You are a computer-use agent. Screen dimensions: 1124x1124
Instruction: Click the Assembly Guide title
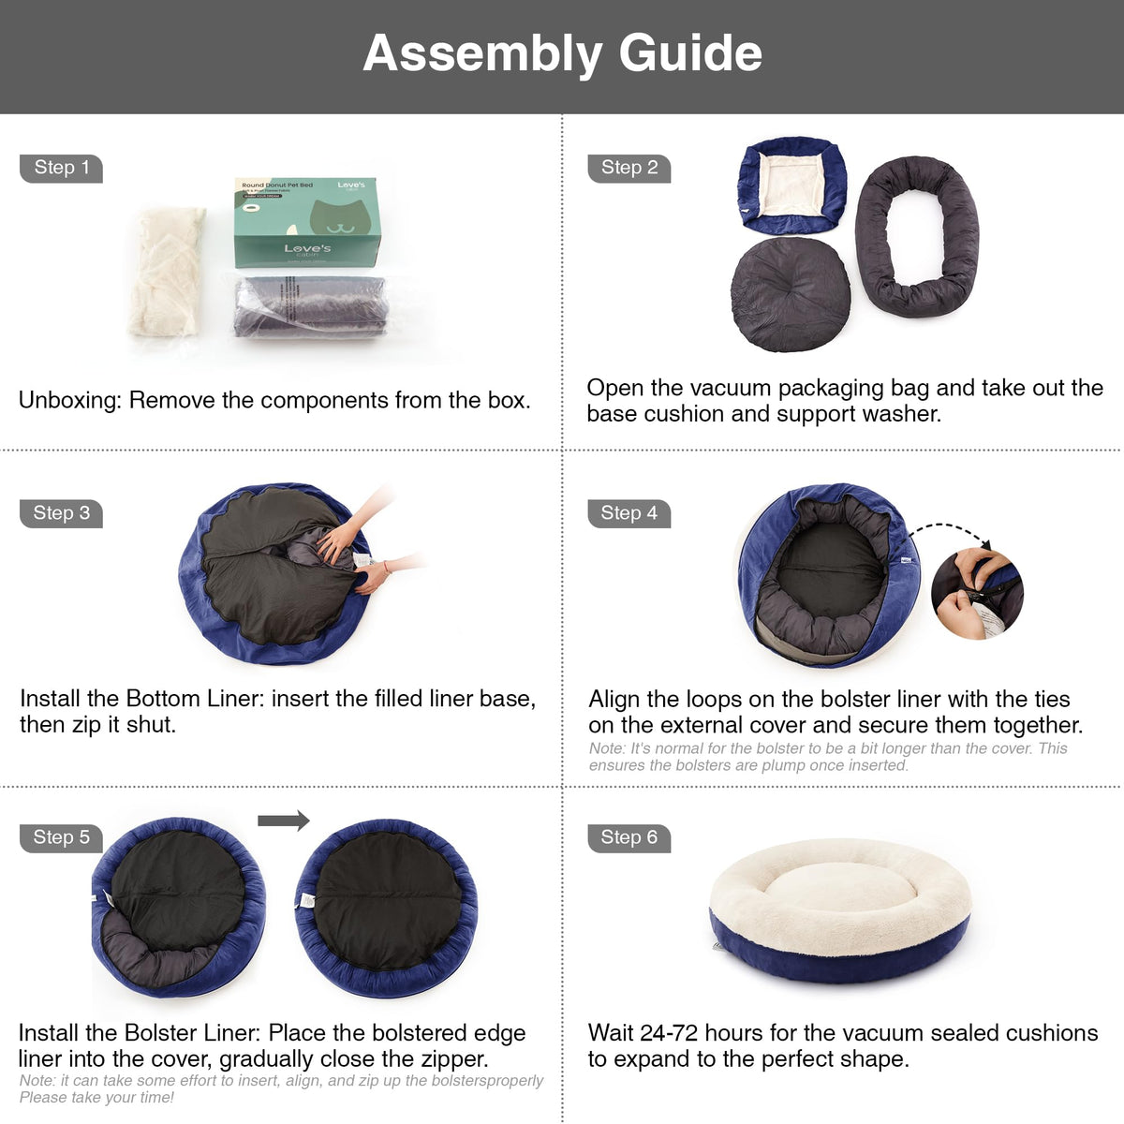[x=562, y=53]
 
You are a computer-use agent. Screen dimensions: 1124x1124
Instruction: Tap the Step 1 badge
[x=61, y=169]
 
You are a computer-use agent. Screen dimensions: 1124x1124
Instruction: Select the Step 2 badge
[x=629, y=169]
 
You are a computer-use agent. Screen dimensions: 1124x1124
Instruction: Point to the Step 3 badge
[x=61, y=514]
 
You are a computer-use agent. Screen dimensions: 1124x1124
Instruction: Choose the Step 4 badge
[x=629, y=514]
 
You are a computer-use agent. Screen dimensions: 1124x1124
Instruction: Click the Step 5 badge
[x=61, y=838]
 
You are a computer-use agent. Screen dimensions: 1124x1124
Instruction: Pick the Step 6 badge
[x=629, y=838]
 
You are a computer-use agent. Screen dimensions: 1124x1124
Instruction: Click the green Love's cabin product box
[x=307, y=222]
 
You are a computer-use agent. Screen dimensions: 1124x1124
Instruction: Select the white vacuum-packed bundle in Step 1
[x=167, y=272]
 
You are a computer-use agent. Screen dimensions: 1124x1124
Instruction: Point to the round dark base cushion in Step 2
[x=791, y=294]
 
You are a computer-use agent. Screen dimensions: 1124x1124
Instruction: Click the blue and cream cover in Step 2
[x=792, y=185]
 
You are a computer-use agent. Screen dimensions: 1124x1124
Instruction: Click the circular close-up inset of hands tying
[x=977, y=593]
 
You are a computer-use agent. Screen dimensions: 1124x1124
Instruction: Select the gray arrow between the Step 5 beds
[x=284, y=821]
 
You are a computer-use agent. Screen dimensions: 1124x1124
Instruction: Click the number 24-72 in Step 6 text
[x=669, y=1033]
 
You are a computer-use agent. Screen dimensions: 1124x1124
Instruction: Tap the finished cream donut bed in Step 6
[x=840, y=910]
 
